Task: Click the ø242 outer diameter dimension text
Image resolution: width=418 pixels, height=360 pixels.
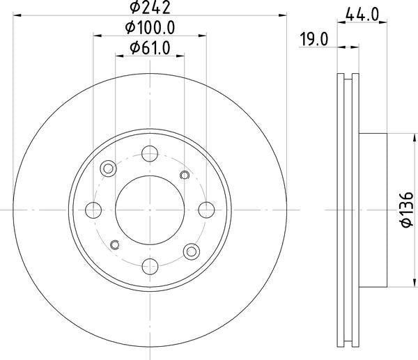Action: (150, 8)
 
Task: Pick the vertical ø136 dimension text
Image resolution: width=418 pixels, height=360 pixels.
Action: (399, 210)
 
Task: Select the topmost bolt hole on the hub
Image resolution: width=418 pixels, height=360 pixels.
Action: (150, 154)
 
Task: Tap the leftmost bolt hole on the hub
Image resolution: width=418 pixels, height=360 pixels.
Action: (94, 210)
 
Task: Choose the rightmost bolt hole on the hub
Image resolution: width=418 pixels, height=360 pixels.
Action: (206, 210)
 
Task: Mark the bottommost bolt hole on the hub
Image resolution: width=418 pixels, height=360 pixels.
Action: (150, 265)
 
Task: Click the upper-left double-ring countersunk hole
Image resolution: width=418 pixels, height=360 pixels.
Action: (108, 169)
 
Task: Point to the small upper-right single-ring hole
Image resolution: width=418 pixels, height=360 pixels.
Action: (185, 175)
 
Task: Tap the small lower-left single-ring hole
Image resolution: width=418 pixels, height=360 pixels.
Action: (115, 244)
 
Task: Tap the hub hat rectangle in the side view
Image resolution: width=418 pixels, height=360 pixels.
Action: (374, 210)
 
